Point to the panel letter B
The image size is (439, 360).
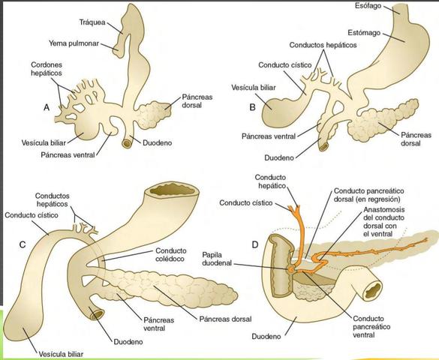[253, 106]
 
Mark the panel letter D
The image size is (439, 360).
[256, 244]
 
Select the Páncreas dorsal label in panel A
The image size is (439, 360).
[198, 102]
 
